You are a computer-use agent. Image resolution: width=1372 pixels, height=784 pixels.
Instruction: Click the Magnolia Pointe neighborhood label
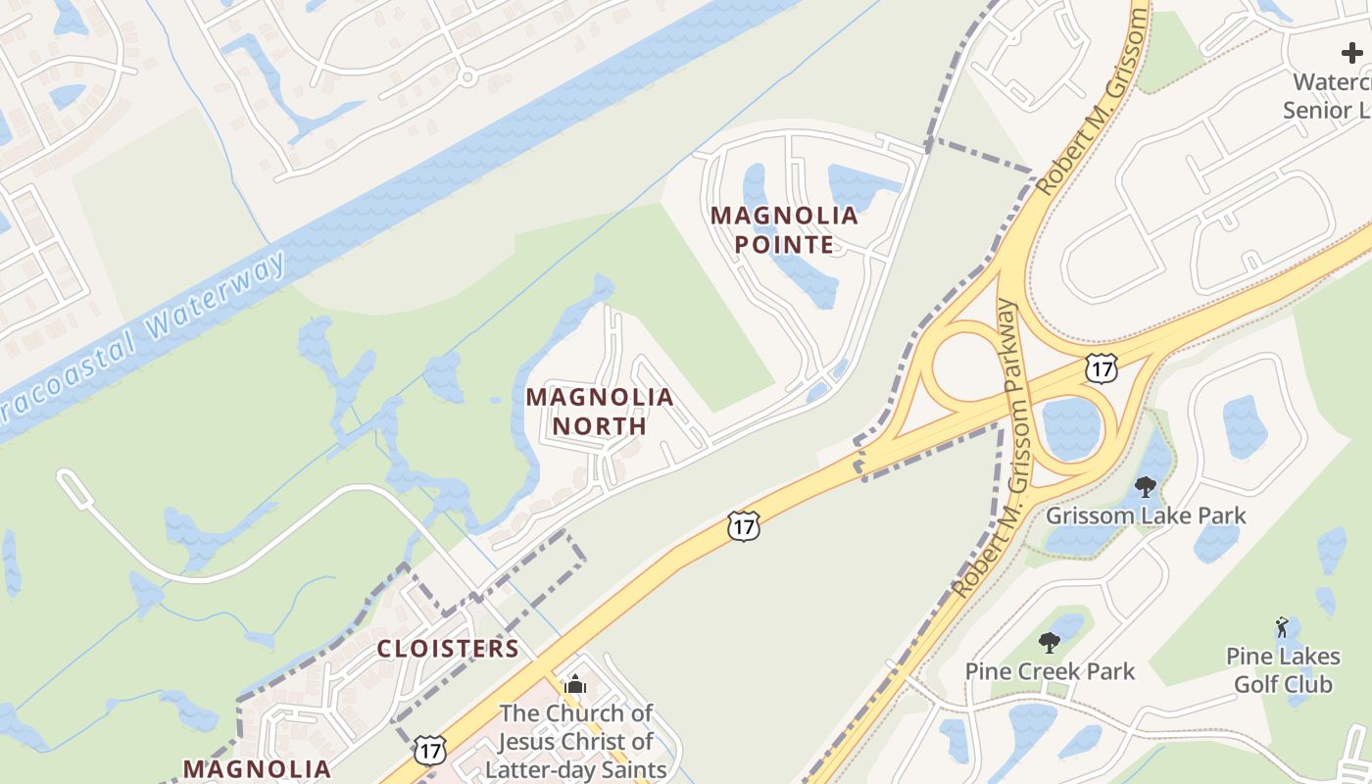pyautogui.click(x=784, y=229)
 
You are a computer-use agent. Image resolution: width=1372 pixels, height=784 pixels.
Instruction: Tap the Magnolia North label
pyautogui.click(x=600, y=412)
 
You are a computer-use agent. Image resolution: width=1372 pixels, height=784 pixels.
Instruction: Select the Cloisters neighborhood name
pyautogui.click(x=448, y=649)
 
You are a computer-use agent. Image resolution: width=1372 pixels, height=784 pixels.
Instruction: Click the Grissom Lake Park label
pyautogui.click(x=1146, y=515)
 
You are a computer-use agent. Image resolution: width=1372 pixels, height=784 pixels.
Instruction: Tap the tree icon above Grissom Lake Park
pyautogui.click(x=1145, y=486)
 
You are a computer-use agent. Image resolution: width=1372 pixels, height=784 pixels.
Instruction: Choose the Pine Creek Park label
pyautogui.click(x=1050, y=671)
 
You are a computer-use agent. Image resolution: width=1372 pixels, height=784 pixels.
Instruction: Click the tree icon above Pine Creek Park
pyautogui.click(x=1050, y=643)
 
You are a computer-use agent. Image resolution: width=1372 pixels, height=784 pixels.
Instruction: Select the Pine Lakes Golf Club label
pyautogui.click(x=1283, y=669)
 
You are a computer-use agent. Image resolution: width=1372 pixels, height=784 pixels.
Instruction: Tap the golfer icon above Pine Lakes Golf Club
pyautogui.click(x=1282, y=626)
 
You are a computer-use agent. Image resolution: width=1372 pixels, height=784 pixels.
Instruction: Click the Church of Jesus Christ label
pyautogui.click(x=575, y=741)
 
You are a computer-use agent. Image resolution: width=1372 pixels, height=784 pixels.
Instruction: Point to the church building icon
pyautogui.click(x=575, y=684)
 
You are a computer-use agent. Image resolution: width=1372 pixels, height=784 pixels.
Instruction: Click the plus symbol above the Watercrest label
pyautogui.click(x=1351, y=53)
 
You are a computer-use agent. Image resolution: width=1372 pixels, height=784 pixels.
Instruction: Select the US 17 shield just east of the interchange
pyautogui.click(x=1100, y=367)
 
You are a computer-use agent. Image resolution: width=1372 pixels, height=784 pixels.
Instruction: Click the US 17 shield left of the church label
pyautogui.click(x=429, y=750)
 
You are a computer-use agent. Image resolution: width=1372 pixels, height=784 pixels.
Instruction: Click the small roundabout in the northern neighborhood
pyautogui.click(x=467, y=76)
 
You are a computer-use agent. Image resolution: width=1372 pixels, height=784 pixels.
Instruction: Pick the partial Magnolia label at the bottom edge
pyautogui.click(x=257, y=769)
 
